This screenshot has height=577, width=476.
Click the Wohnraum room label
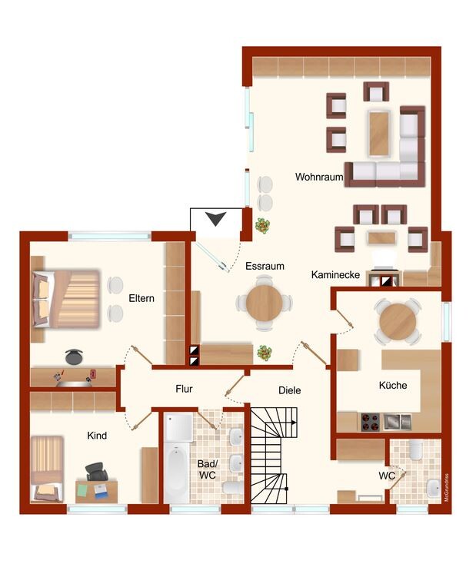click(319, 177)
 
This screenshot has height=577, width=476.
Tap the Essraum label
click(265, 266)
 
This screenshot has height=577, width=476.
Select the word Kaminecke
click(335, 274)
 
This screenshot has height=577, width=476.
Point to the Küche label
click(393, 385)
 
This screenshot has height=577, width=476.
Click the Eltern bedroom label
click(141, 298)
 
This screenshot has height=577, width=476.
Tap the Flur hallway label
click(185, 389)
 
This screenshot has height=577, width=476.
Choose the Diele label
click(290, 390)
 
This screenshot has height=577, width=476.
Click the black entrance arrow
click(215, 219)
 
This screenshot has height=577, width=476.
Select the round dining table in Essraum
click(265, 303)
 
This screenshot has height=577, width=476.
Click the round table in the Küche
click(398, 321)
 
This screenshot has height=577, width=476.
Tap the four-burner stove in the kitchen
click(370, 422)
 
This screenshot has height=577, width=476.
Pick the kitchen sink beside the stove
click(397, 422)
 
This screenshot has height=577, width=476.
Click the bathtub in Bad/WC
click(177, 473)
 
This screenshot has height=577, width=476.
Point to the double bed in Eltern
click(66, 299)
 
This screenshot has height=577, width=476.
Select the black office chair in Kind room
click(97, 472)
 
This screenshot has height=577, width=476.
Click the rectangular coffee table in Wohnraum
click(379, 134)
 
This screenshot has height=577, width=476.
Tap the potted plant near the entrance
click(263, 225)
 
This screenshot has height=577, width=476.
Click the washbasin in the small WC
click(433, 489)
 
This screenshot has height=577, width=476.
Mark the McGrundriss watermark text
click(446, 488)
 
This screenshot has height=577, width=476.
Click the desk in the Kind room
click(97, 491)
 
